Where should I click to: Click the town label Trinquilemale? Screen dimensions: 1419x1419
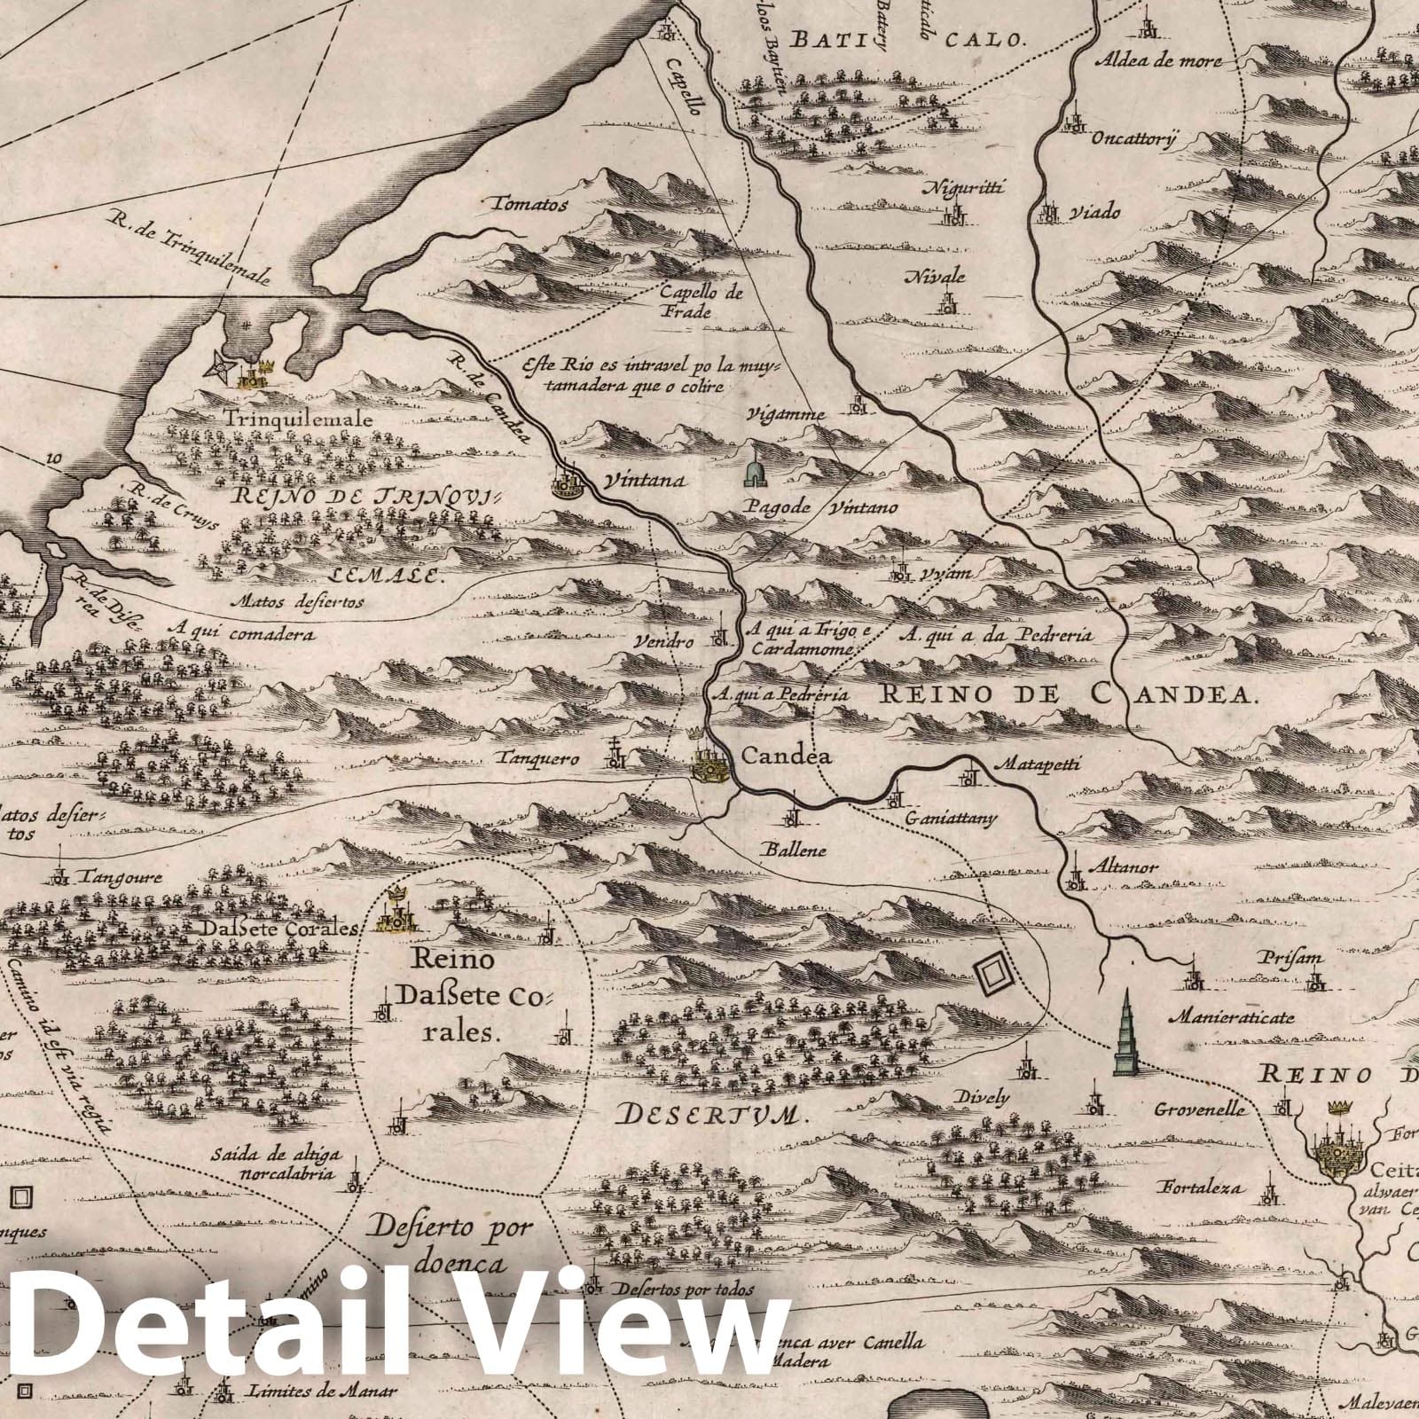(298, 419)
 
